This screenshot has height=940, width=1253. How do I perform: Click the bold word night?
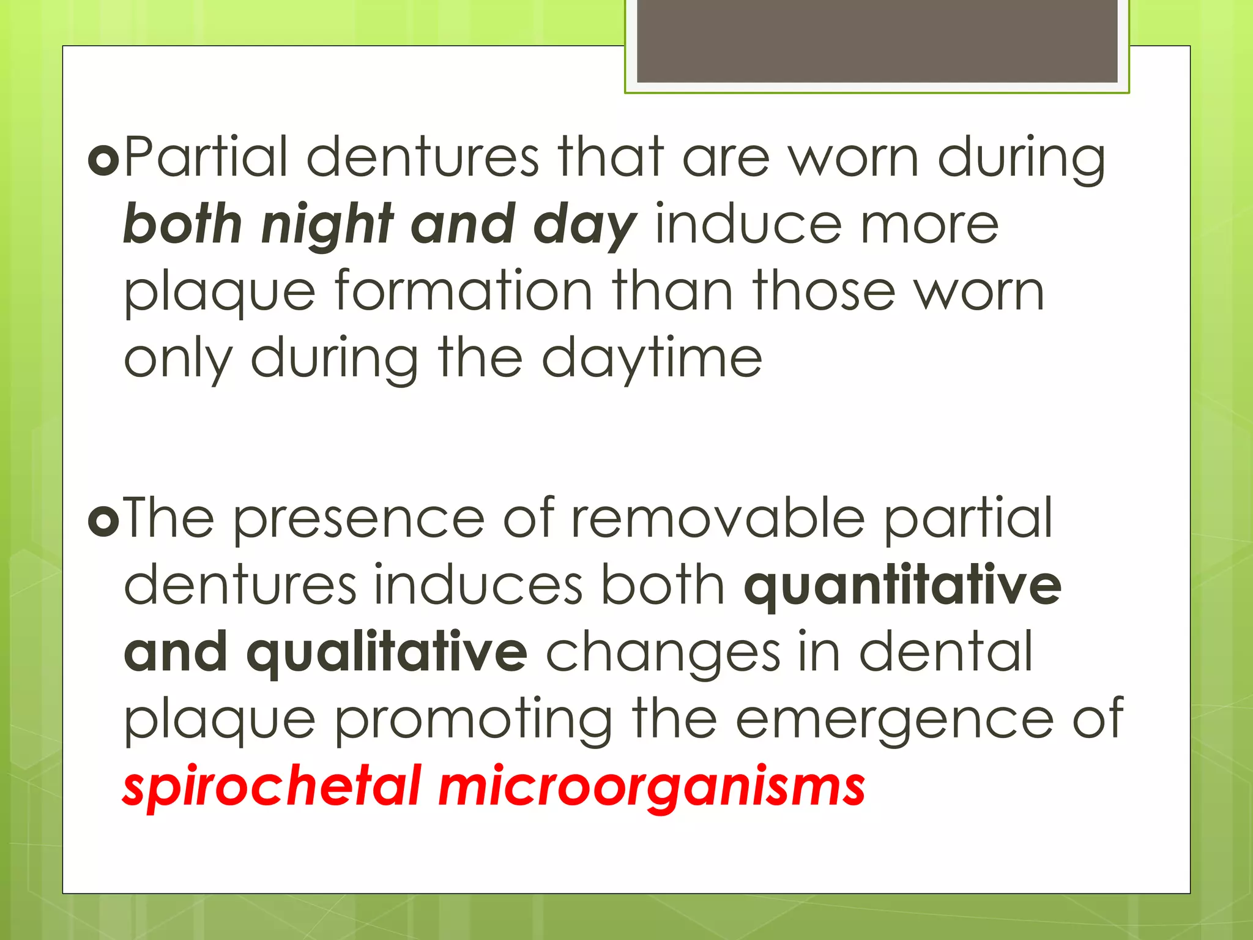327,225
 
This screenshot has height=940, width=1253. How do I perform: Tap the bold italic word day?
585,225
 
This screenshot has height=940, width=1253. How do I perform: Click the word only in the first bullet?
178,359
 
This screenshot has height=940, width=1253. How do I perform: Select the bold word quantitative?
902,586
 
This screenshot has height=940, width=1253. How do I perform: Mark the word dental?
946,652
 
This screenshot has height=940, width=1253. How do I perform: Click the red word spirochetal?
272,787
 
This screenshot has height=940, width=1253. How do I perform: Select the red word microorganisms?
652,787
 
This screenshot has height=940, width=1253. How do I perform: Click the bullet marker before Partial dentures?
103,160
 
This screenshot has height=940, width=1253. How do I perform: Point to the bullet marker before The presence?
103,521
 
